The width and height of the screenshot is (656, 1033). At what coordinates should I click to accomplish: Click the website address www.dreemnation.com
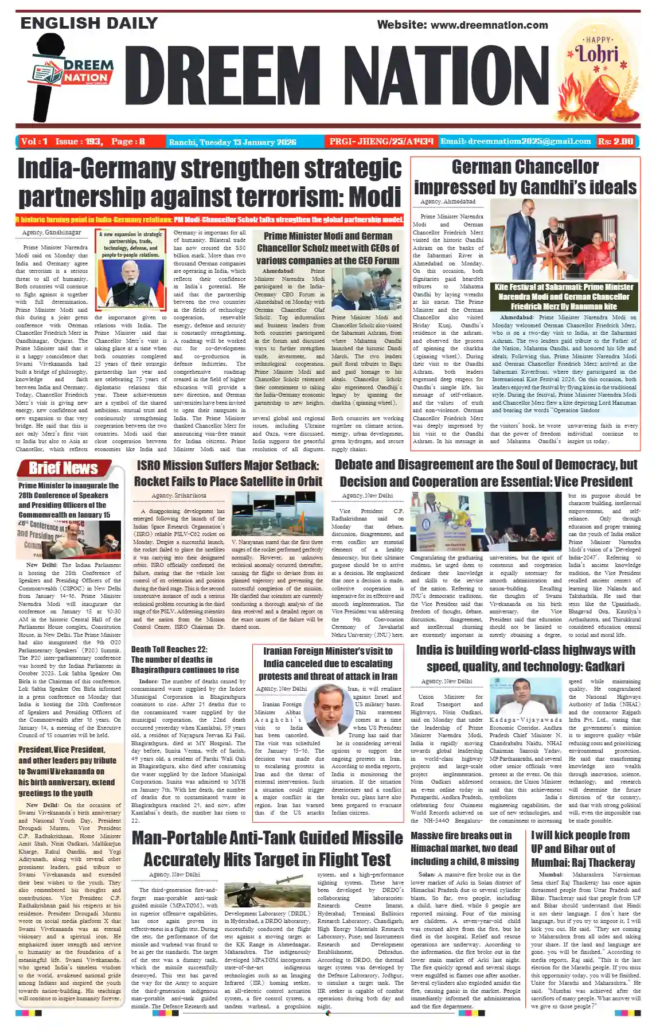click(x=489, y=25)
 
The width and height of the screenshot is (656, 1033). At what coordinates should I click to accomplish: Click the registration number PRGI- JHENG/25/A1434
click(x=381, y=142)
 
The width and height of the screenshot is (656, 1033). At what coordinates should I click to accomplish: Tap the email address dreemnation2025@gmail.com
click(x=516, y=141)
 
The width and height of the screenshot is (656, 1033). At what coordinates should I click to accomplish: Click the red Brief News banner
click(x=64, y=468)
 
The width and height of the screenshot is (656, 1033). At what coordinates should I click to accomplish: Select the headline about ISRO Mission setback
click(x=228, y=473)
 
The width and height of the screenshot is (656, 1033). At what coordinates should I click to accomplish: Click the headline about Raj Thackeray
click(x=583, y=848)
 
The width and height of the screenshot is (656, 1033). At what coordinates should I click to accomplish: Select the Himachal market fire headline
click(x=464, y=848)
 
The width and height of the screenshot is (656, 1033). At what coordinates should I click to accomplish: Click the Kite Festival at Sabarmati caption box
click(x=564, y=296)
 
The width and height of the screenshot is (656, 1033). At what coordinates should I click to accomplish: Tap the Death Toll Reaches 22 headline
click(x=185, y=659)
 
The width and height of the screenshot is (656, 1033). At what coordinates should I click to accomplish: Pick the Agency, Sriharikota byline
click(x=171, y=495)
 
